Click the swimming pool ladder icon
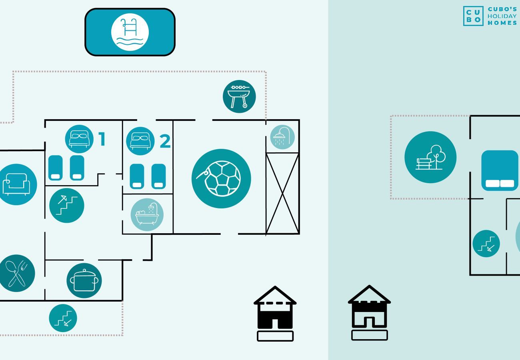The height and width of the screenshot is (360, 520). pyautogui.click(x=130, y=32)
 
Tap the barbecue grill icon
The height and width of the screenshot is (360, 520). pyautogui.click(x=239, y=96)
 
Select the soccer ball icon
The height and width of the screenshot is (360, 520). pyautogui.click(x=221, y=178)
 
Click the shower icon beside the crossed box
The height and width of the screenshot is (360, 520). pyautogui.click(x=282, y=137)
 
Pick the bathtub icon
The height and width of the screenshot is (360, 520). pyautogui.click(x=147, y=215)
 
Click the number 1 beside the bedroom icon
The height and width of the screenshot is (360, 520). pyautogui.click(x=102, y=139)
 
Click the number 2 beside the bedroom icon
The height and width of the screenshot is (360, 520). pyautogui.click(x=165, y=141)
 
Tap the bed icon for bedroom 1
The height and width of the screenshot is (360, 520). pyautogui.click(x=79, y=139)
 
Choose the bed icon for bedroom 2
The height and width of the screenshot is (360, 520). pyautogui.click(x=140, y=141)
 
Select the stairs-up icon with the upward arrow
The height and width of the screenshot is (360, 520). pyautogui.click(x=67, y=206)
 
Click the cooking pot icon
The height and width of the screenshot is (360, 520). pyautogui.click(x=84, y=280)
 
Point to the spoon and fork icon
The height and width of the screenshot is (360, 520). pyautogui.click(x=17, y=273)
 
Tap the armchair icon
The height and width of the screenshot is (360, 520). pyautogui.click(x=17, y=184)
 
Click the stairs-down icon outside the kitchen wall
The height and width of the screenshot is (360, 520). pyautogui.click(x=63, y=318)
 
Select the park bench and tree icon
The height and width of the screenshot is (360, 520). pyautogui.click(x=430, y=157)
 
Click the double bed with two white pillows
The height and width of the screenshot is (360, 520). pyautogui.click(x=500, y=170)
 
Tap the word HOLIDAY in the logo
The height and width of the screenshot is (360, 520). pyautogui.click(x=502, y=16)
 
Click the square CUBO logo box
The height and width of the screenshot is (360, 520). pyautogui.click(x=473, y=16)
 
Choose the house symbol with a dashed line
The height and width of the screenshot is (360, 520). pyautogui.click(x=275, y=313)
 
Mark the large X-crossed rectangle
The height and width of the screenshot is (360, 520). pyautogui.click(x=282, y=193)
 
